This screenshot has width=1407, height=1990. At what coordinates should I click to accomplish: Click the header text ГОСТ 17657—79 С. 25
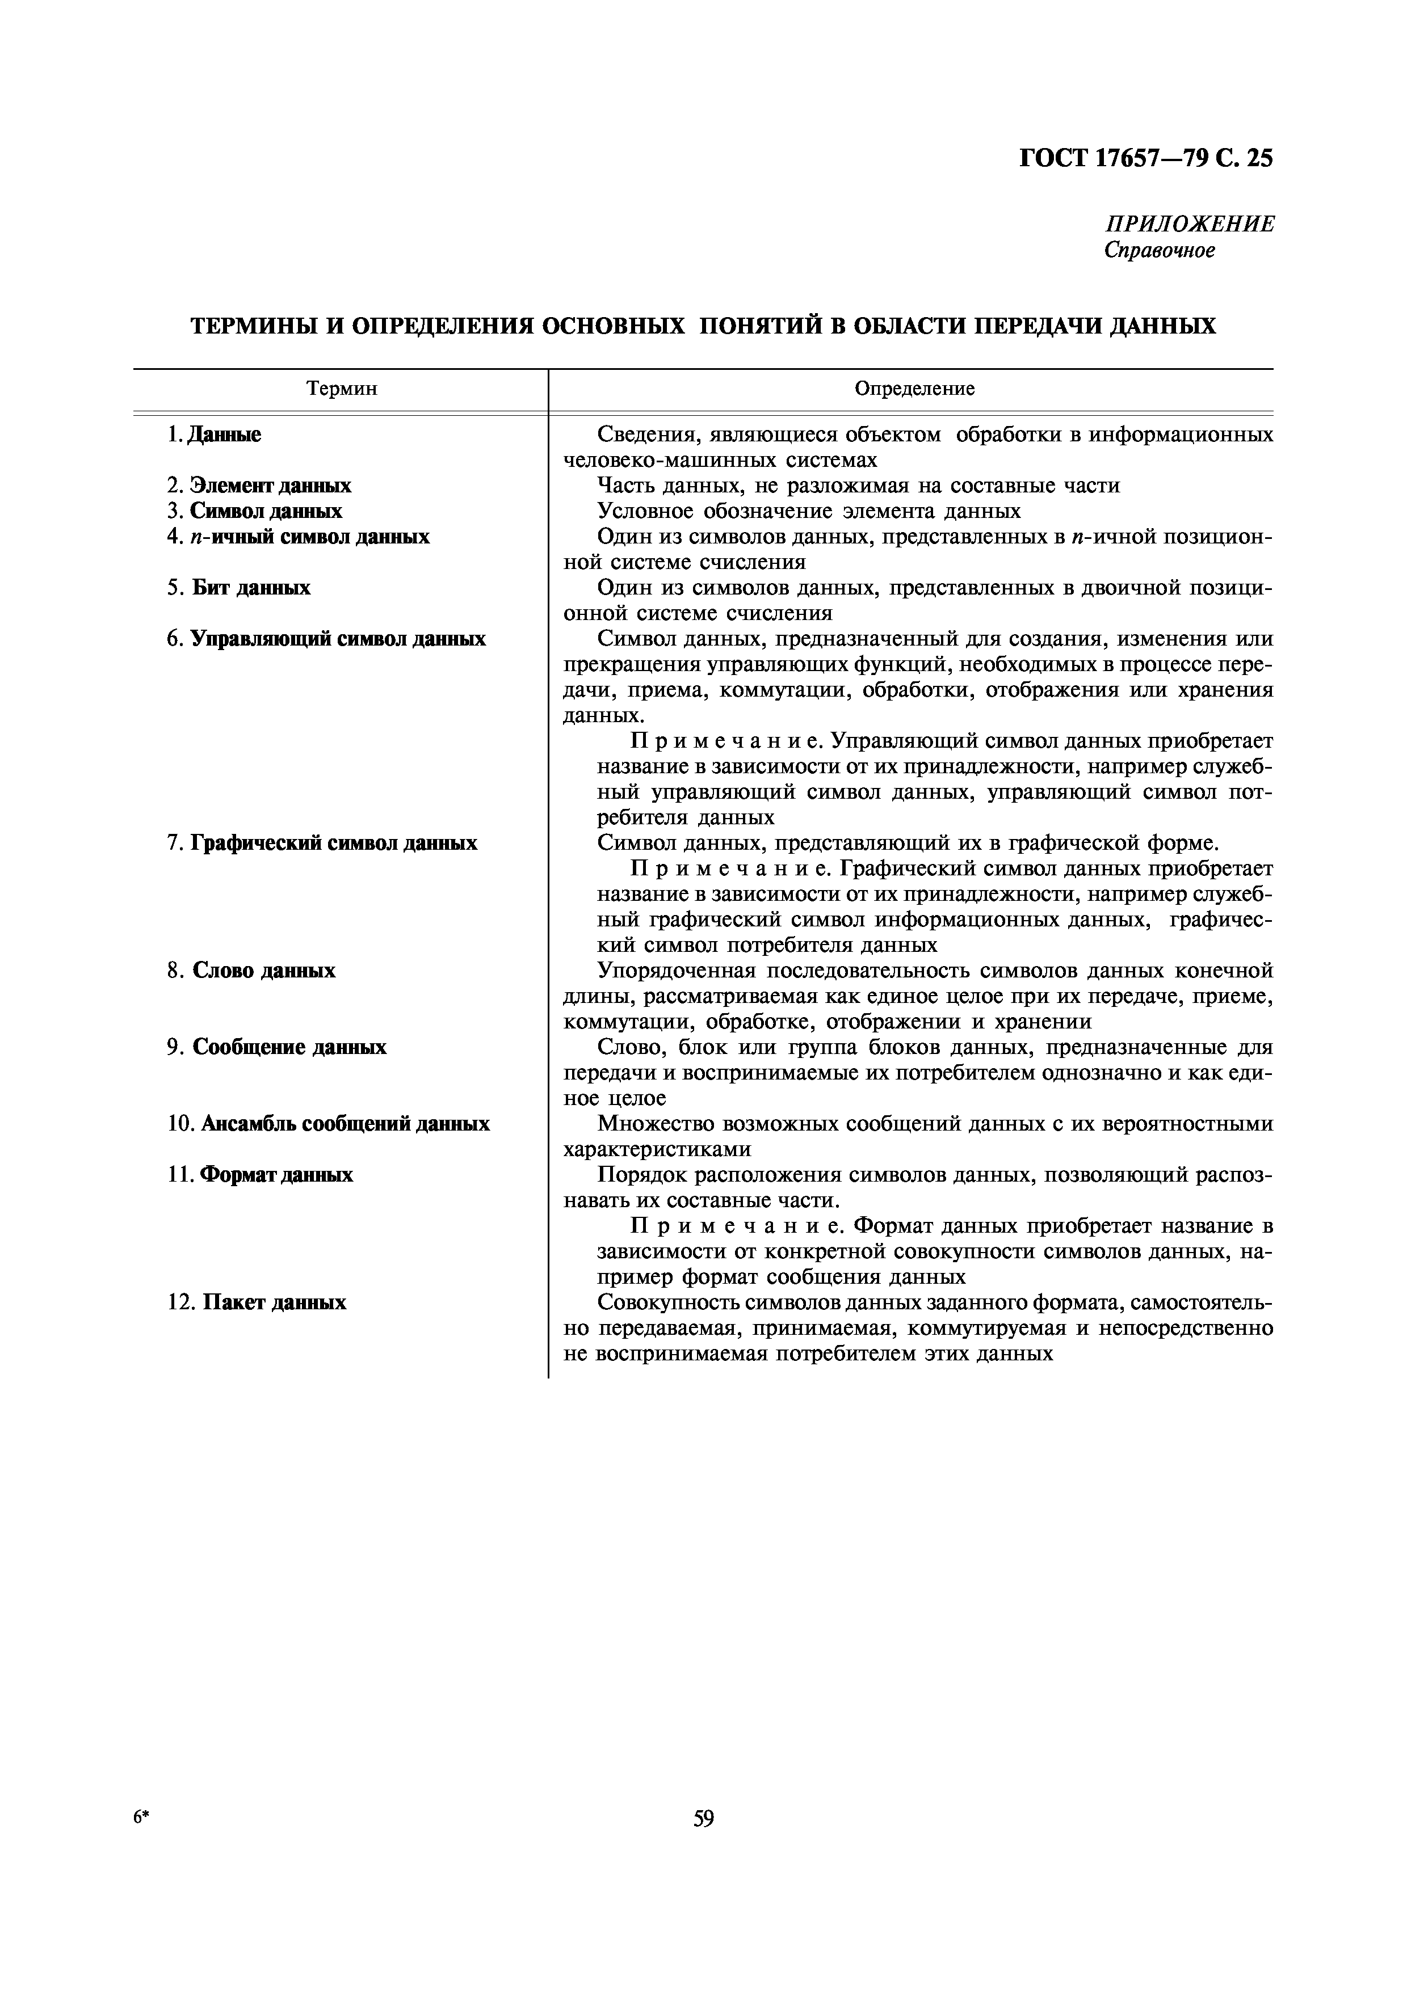(1146, 159)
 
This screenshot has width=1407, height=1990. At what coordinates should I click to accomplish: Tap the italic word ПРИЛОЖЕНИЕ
(1190, 225)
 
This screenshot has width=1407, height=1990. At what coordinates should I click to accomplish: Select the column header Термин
(342, 389)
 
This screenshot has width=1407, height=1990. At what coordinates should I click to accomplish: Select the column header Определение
(914, 389)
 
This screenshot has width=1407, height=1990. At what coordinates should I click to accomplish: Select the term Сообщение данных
(289, 1047)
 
